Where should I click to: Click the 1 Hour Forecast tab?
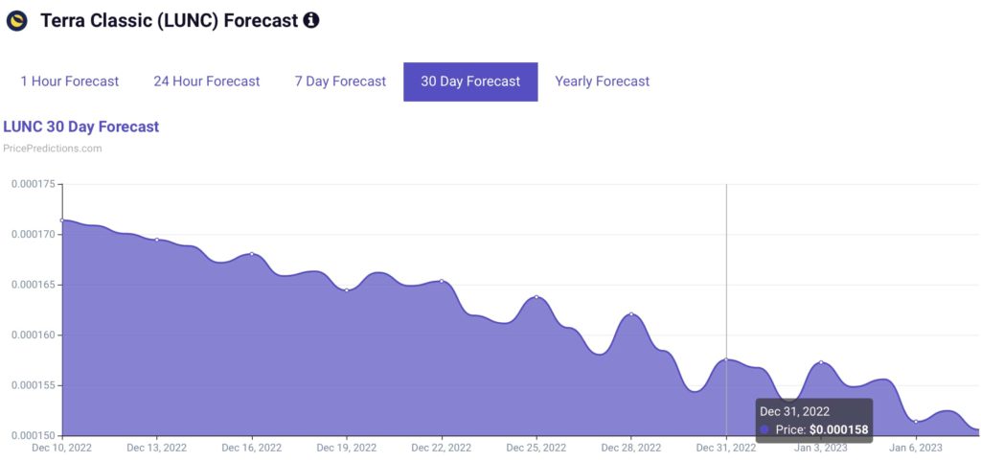[x=70, y=81]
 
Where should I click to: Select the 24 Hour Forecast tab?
[x=206, y=81]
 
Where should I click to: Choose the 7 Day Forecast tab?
[x=340, y=81]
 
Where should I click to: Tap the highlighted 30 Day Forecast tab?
[x=470, y=81]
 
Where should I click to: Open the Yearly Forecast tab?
[x=602, y=81]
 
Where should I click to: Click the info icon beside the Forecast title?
[x=311, y=20]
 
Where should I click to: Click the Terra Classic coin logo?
[x=16, y=20]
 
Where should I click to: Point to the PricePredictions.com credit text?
[x=53, y=149]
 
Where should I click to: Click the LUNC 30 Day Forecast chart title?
[x=81, y=127]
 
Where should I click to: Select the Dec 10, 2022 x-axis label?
[x=62, y=448]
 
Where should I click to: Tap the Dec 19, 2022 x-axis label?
[x=347, y=448]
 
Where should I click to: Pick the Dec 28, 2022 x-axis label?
[x=631, y=448]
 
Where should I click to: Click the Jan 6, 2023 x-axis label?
[x=916, y=448]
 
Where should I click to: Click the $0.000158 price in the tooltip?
[x=839, y=429]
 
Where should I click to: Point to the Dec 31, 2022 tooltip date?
[x=794, y=411]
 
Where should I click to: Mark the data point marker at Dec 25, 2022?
[x=536, y=297]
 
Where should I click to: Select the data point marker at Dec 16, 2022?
[x=252, y=254]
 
